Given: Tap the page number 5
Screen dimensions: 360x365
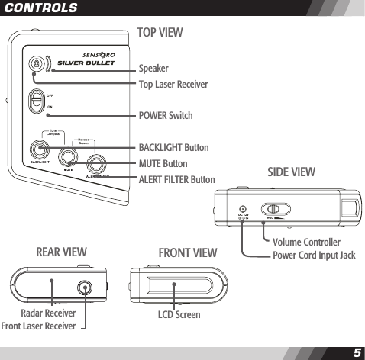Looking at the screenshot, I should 357,352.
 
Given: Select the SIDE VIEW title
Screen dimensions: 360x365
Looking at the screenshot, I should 290,173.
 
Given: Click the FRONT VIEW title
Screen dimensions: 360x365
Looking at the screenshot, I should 188,252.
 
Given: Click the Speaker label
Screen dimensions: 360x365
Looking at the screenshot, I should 153,68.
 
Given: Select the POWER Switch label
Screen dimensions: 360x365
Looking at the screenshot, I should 166,116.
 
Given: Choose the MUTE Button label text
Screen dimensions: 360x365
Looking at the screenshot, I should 163,163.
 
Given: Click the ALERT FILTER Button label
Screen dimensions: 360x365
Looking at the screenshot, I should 176,179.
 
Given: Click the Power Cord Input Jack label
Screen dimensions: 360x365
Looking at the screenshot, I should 314,255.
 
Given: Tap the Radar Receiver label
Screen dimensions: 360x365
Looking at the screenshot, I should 48,313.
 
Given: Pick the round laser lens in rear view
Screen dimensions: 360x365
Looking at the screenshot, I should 83,287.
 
